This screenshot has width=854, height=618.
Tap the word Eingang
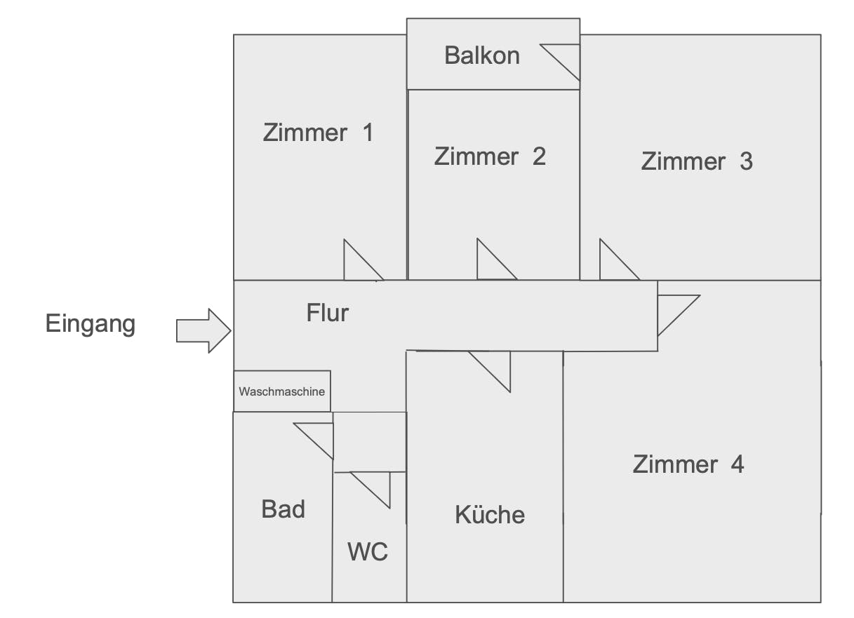click(91, 324)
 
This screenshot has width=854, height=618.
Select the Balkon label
click(482, 55)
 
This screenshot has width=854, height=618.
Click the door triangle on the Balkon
click(566, 58)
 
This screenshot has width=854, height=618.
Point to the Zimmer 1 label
click(318, 132)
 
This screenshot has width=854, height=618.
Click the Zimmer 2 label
click(490, 156)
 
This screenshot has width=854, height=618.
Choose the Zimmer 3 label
click(697, 161)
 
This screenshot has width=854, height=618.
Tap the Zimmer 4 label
click(688, 464)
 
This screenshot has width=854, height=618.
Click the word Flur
click(328, 313)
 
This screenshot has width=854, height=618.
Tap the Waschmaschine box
click(282, 391)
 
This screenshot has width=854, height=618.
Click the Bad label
click(283, 509)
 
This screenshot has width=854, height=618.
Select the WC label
click(368, 551)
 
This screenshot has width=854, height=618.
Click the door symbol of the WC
click(377, 484)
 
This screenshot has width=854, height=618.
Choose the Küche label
click(490, 515)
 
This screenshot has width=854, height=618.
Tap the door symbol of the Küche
click(496, 365)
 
